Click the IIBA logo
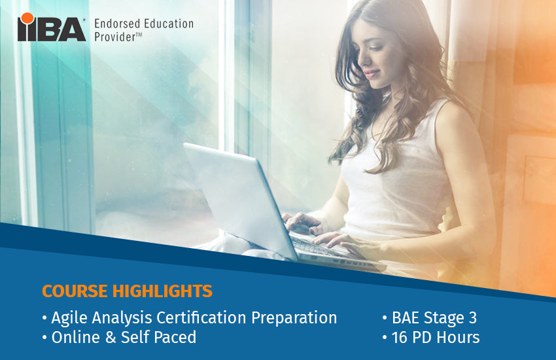(x=52, y=28)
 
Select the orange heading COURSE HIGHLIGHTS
(x=127, y=291)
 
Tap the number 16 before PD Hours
(x=400, y=338)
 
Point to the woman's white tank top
(x=399, y=177)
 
